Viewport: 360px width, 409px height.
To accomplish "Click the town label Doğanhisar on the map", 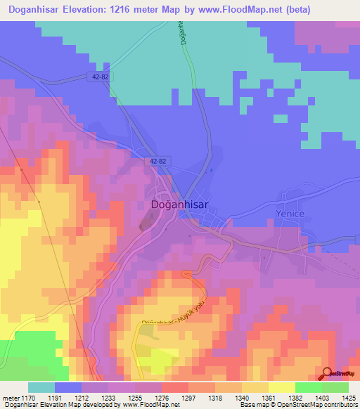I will (179, 204).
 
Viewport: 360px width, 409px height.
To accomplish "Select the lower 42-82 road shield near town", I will (157, 161).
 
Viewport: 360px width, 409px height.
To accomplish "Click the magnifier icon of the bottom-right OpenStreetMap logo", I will (327, 374).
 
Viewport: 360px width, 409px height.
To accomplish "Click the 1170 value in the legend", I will (29, 397).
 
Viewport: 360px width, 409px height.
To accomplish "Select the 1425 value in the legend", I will (349, 397).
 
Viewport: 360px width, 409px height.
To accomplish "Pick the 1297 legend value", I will (188, 397).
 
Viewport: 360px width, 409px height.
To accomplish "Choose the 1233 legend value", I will (108, 397).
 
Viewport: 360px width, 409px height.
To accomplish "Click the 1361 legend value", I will (269, 397).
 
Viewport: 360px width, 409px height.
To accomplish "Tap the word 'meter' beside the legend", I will (10, 397).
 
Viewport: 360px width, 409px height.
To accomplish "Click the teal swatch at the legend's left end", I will (41, 387).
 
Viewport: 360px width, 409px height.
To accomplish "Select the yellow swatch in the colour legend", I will (281, 387).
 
